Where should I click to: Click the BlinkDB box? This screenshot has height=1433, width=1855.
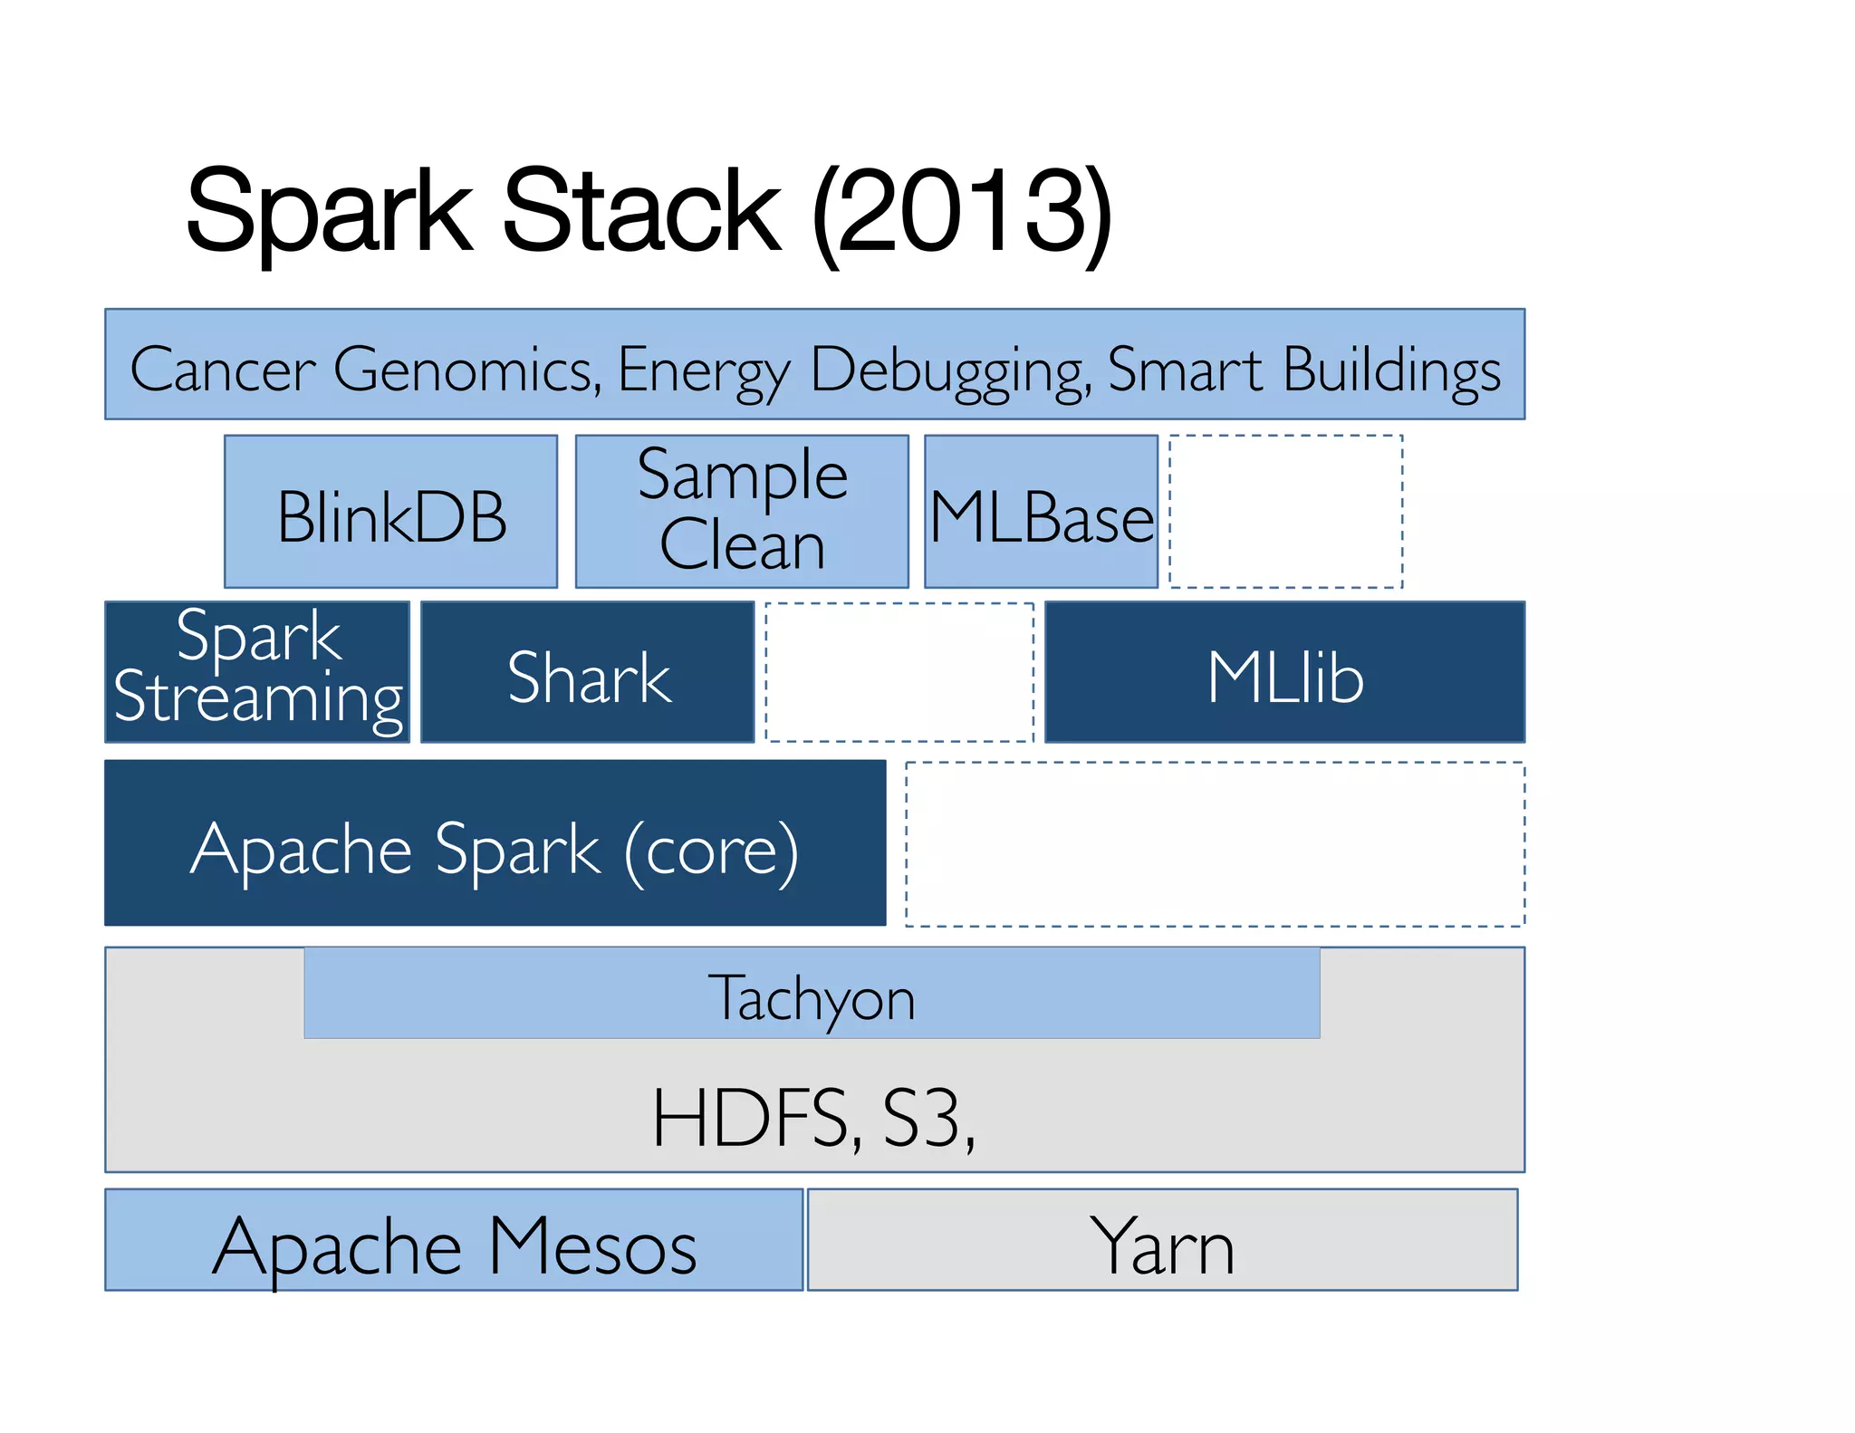[x=390, y=512]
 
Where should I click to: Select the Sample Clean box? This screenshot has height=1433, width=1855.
[x=742, y=512]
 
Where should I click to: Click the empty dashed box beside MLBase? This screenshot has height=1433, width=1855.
[x=1286, y=512]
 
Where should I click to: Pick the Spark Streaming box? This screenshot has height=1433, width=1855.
[x=257, y=671]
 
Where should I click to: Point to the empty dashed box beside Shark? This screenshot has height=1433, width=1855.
[x=899, y=672]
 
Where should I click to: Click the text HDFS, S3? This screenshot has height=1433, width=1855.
[x=812, y=1119]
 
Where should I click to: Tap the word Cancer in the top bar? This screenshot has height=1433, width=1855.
[x=223, y=369]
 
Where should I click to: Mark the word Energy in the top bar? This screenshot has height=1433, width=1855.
[x=703, y=369]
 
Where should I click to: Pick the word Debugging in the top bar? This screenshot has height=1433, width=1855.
[x=949, y=369]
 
